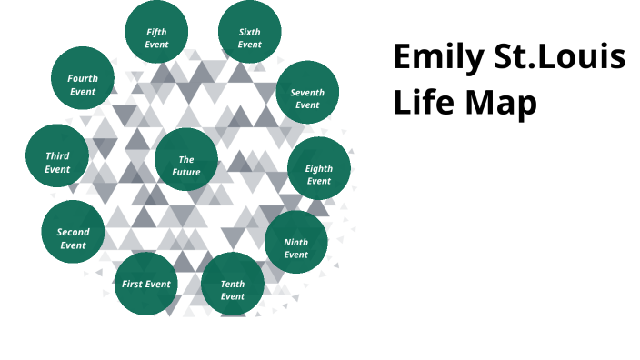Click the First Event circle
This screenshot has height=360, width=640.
point(146,285)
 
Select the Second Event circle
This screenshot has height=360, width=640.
point(73,238)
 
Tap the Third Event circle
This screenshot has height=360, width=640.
point(57,162)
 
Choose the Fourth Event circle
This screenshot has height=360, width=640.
point(83,85)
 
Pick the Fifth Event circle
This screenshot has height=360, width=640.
point(156,37)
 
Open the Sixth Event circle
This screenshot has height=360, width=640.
point(250,37)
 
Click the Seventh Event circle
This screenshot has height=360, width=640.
point(307,98)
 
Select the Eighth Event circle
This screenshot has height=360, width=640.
point(319,175)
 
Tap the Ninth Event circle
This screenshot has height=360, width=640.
point(296,248)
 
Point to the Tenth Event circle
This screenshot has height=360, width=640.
point(233,290)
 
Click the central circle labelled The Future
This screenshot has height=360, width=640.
point(186,165)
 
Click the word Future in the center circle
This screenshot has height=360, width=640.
point(186,172)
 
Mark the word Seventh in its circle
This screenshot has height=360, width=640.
point(307,93)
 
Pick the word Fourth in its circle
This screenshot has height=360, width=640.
point(83,78)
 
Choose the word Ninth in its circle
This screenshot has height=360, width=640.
point(296,243)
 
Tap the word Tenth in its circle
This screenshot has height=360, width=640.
point(233,285)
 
